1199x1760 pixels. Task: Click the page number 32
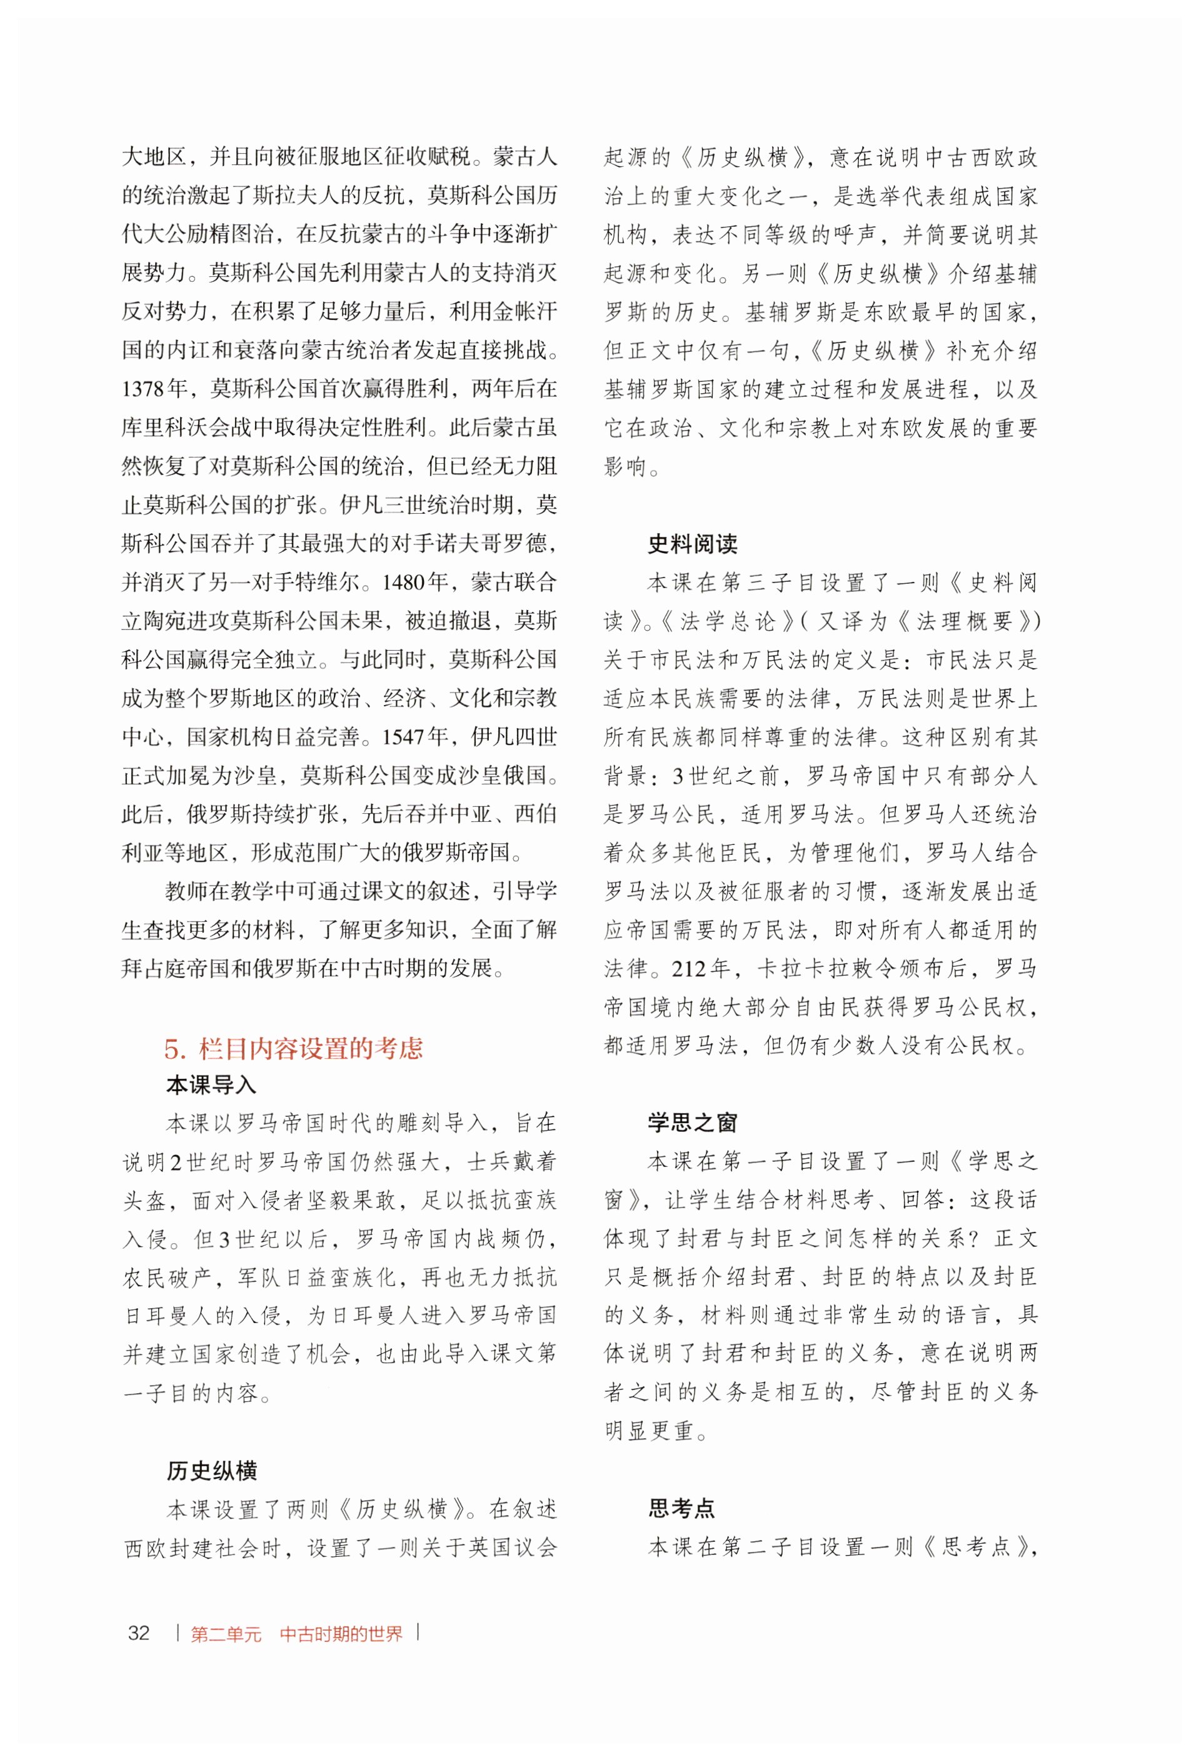tap(139, 1632)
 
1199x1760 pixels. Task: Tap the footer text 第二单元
tap(226, 1634)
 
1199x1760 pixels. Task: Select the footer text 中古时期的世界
tap(341, 1634)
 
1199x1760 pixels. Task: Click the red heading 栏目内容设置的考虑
tap(311, 1048)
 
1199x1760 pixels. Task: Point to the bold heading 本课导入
tap(211, 1085)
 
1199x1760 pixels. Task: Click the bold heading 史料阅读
tap(692, 544)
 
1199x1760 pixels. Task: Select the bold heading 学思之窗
tap(692, 1122)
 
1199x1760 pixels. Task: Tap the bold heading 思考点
tap(681, 1509)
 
